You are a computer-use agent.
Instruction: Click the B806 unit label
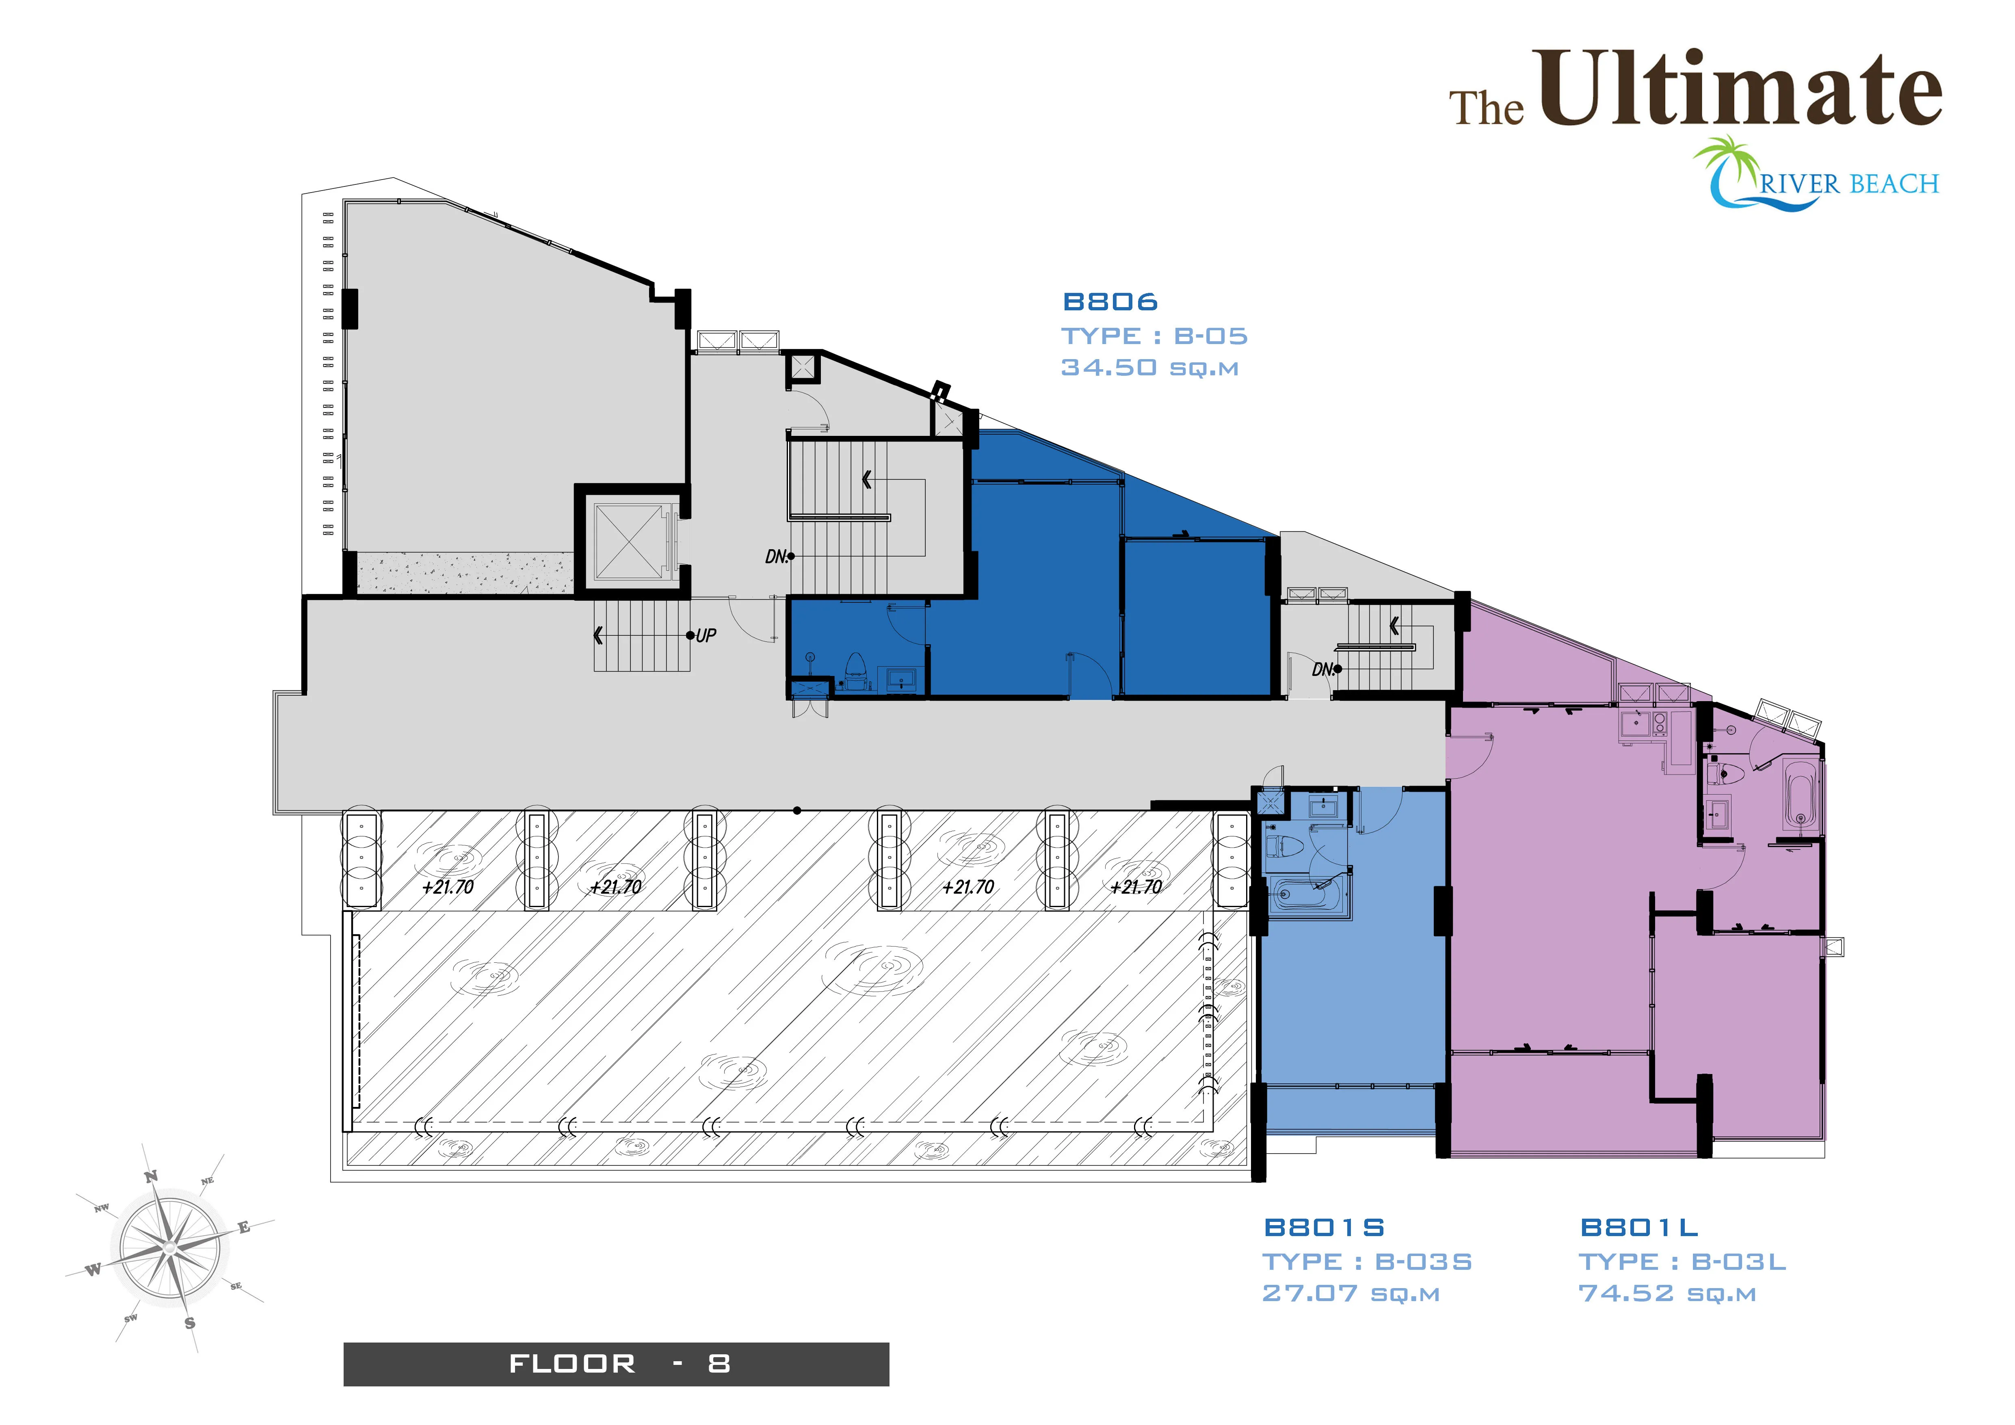click(1110, 302)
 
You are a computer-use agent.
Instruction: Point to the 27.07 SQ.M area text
click(1351, 1293)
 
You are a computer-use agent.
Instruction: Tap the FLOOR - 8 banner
click(616, 1364)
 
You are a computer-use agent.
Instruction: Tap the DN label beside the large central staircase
click(776, 557)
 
